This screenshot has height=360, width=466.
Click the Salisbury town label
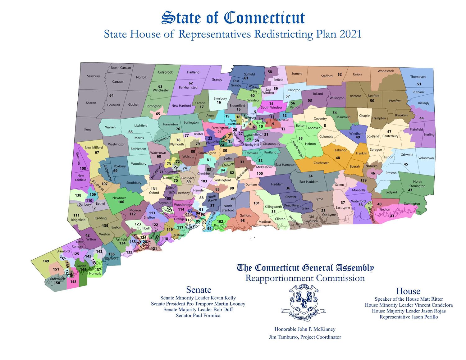(x=93, y=76)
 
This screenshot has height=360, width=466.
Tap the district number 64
(x=111, y=95)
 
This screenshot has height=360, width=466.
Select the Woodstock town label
(x=386, y=71)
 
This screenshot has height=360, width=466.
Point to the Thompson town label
(x=418, y=77)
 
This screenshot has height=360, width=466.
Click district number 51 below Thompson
(x=419, y=84)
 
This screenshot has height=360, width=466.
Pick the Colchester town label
(x=321, y=163)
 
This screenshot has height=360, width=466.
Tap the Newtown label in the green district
(x=119, y=198)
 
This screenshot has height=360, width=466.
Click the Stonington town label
(x=412, y=204)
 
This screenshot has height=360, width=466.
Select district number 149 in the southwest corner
(x=46, y=261)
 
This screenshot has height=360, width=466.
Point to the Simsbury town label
(x=220, y=98)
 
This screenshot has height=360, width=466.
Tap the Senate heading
(x=199, y=289)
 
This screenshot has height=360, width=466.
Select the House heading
(x=408, y=291)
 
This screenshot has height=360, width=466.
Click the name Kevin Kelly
(x=223, y=298)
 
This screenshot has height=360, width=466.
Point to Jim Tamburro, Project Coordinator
(x=305, y=337)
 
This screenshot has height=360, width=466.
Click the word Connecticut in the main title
(x=264, y=18)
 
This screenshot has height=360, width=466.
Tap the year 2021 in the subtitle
(x=350, y=34)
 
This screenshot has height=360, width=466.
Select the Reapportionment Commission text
(x=305, y=278)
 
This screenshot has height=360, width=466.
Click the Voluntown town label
(x=426, y=158)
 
